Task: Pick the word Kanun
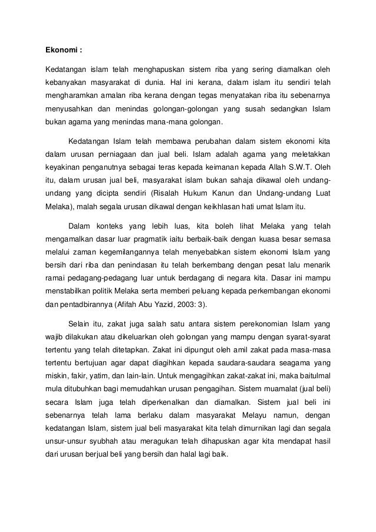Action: click(x=226, y=194)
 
